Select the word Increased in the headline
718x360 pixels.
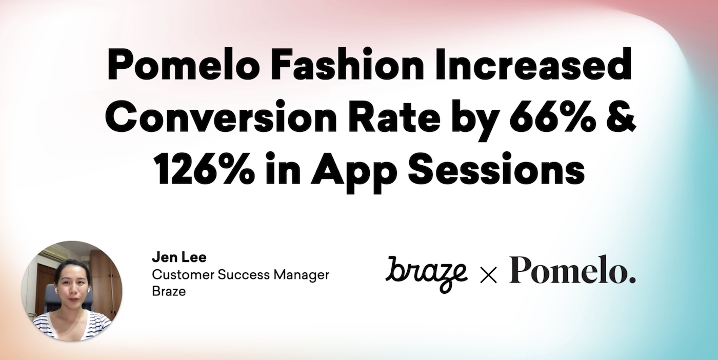[x=533, y=65]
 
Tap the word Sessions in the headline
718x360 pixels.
[x=496, y=168]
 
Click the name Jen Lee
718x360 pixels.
[x=179, y=257]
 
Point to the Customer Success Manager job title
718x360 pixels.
[x=241, y=275]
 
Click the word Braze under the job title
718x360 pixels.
[x=169, y=291]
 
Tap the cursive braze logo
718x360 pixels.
[x=426, y=273]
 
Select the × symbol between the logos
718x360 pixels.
[x=488, y=275]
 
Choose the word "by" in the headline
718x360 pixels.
[x=474, y=120]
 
